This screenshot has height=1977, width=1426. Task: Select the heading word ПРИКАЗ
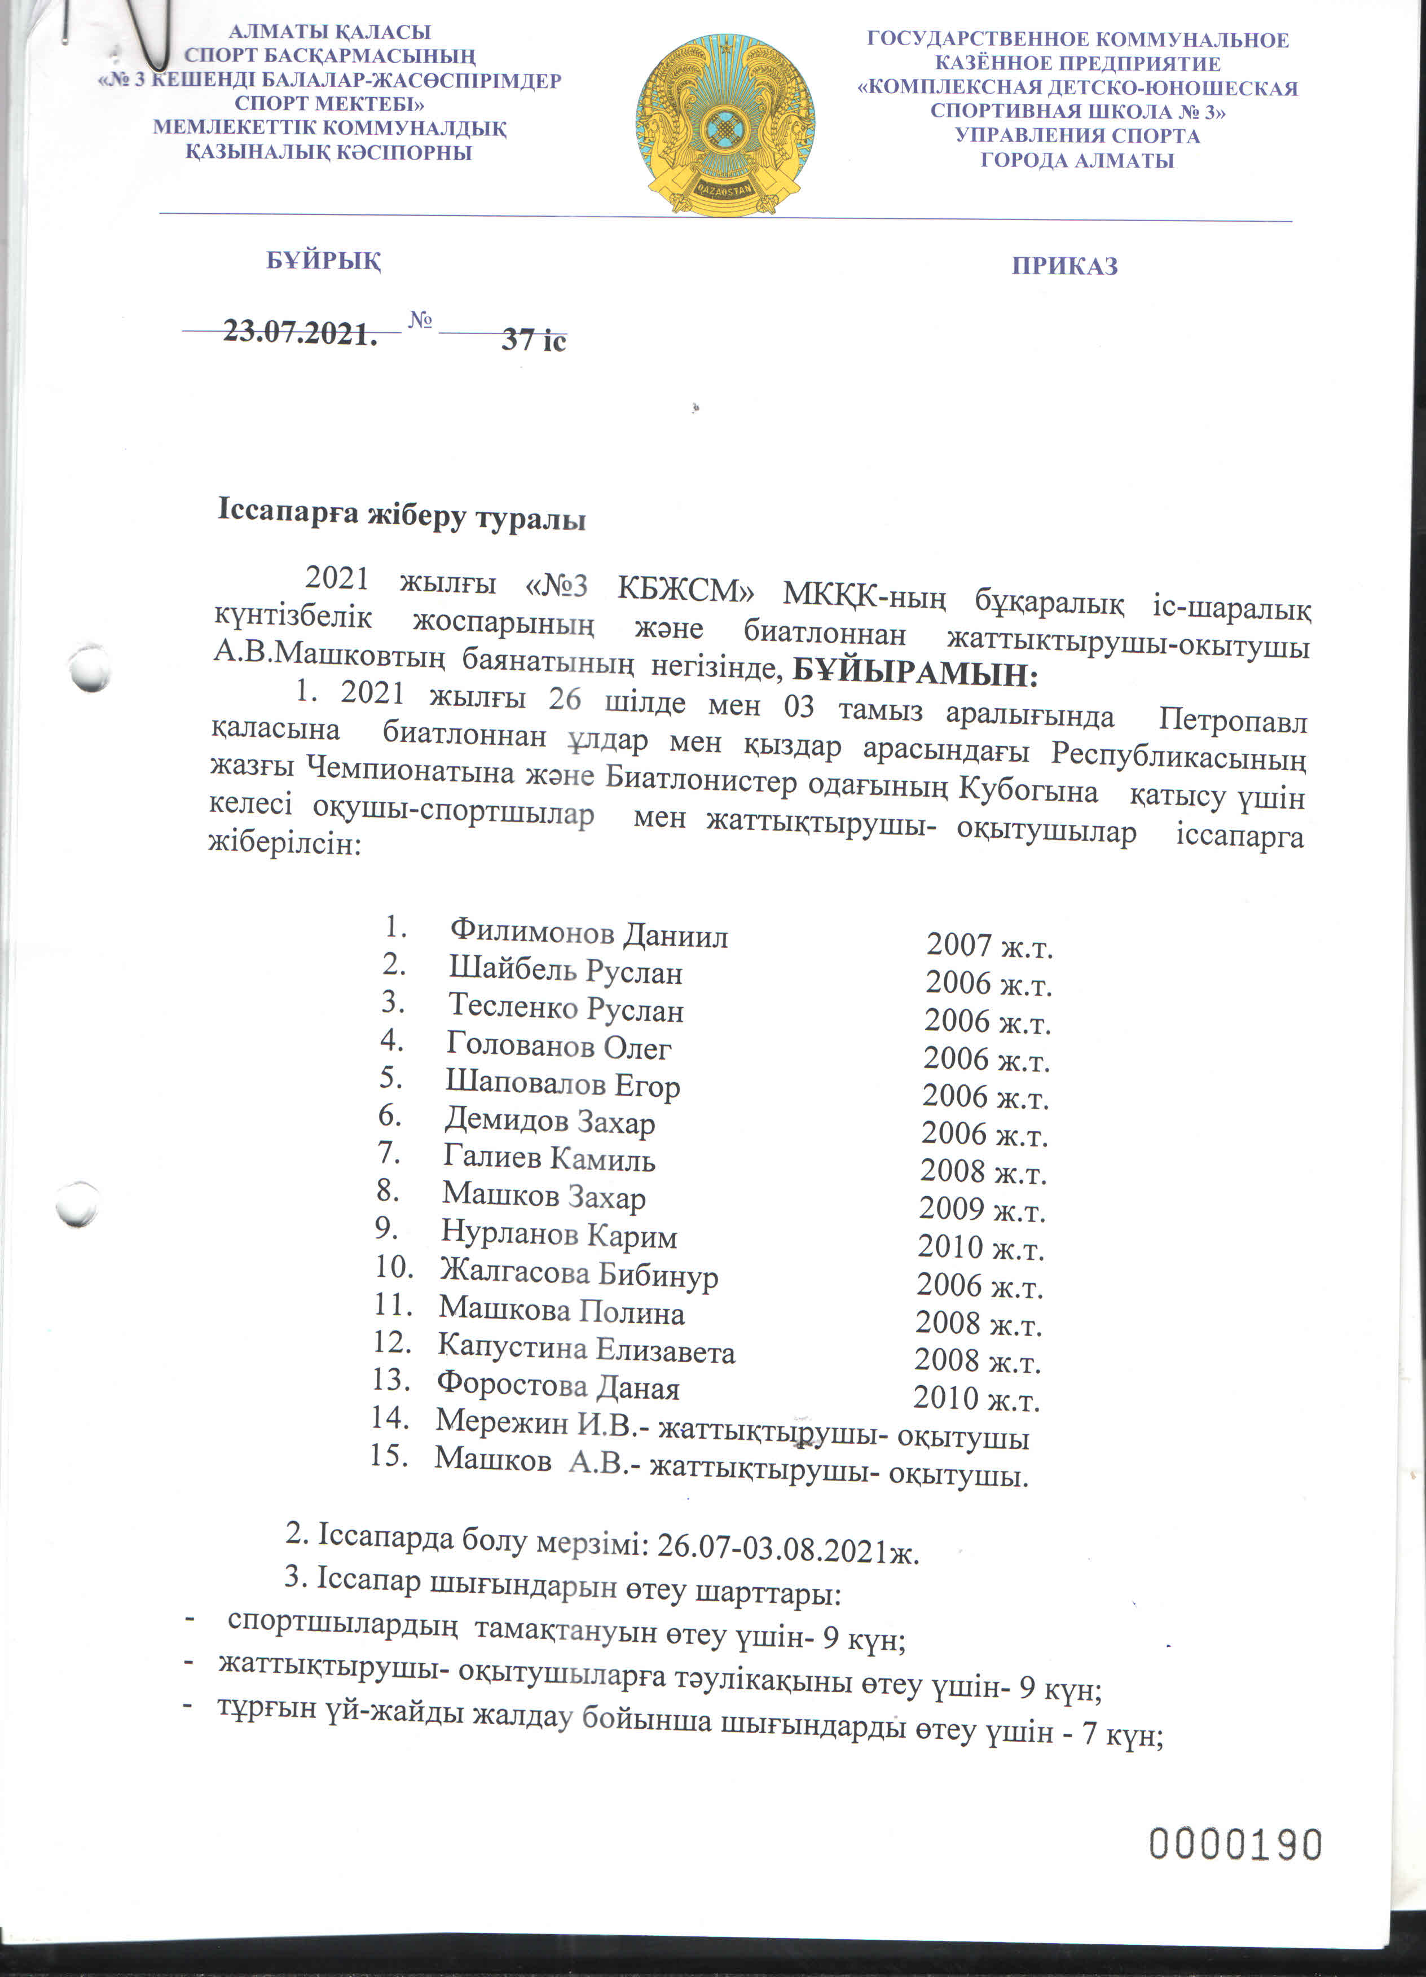tap(1064, 266)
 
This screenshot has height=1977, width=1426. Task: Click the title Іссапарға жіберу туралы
tap(401, 516)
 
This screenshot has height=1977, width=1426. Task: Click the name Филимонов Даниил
tap(588, 934)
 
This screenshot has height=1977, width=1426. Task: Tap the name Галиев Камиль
tap(549, 1158)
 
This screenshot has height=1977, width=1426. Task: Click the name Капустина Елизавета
tap(586, 1350)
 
